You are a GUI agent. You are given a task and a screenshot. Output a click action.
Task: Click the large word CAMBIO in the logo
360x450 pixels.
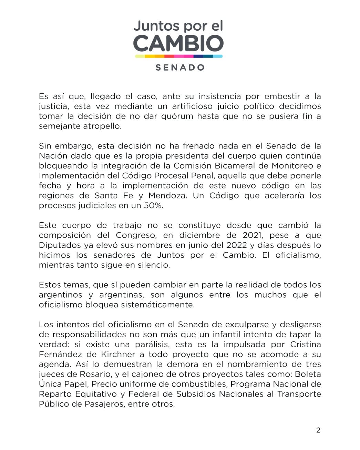pyautogui.click(x=178, y=44)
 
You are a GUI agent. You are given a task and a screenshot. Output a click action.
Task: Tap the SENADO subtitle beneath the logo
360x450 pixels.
pyautogui.click(x=180, y=68)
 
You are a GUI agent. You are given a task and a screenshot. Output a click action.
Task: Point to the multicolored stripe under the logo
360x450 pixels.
pyautogui.click(x=178, y=56)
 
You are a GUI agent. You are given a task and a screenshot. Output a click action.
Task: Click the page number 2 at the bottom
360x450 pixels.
pyautogui.click(x=318, y=430)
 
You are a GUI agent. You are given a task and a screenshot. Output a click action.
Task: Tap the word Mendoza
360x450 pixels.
pyautogui.click(x=167, y=196)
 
